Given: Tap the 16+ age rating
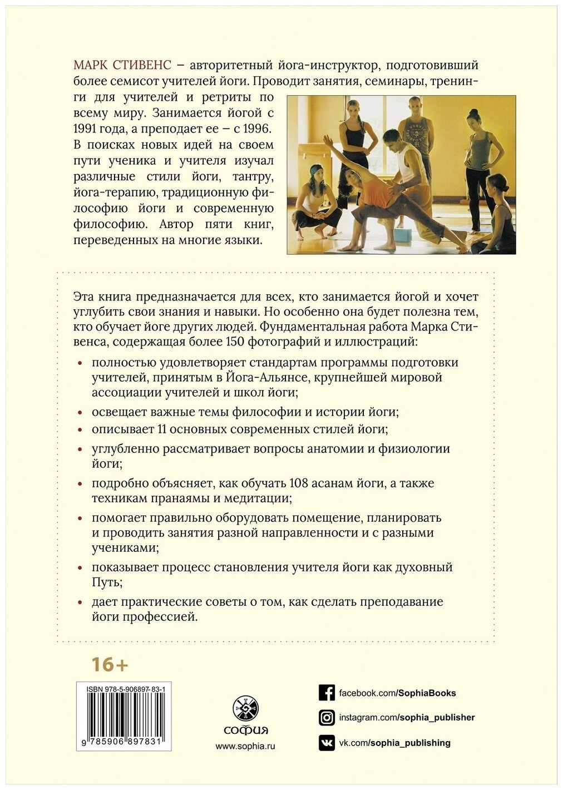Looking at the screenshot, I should (110, 664).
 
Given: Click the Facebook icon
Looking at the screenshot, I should (327, 693).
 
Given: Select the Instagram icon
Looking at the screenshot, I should (327, 718).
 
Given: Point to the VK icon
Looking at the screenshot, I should (327, 743).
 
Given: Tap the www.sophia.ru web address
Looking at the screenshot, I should (245, 746).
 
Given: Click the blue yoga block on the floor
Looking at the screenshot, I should (402, 235).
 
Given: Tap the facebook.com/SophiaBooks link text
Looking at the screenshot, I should (397, 693).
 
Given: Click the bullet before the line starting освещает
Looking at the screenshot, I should (81, 413).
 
